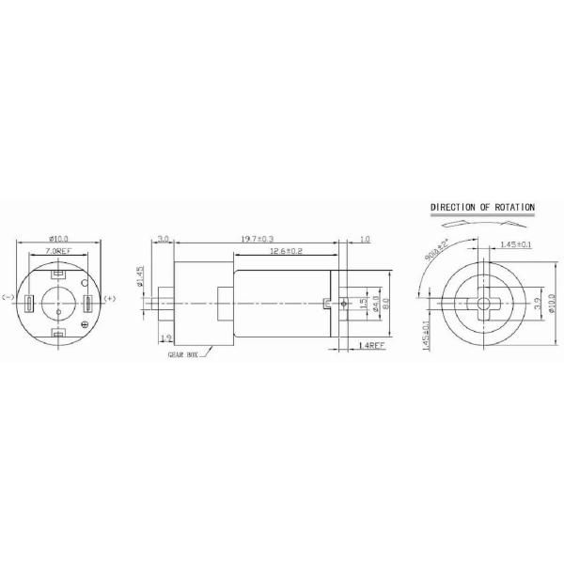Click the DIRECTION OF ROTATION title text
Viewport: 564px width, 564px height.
pos(482,206)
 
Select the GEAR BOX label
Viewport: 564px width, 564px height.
pos(183,356)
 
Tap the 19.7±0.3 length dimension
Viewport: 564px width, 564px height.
pos(257,242)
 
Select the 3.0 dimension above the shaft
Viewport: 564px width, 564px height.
pos(164,242)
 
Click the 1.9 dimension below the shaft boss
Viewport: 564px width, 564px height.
pos(165,337)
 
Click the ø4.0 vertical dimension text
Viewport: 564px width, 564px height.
pos(373,304)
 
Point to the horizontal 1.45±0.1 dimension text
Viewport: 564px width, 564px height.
pos(518,244)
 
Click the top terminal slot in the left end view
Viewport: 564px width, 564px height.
pos(58,274)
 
